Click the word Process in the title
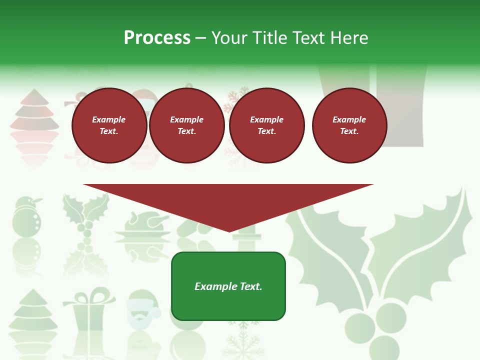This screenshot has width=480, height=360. [x=157, y=38]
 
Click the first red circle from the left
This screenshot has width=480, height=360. [x=109, y=125]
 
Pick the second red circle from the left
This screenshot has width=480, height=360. [x=186, y=125]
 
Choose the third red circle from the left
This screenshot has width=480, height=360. [x=266, y=125]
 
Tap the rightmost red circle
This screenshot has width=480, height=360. [x=349, y=125]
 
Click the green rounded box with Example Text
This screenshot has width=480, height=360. [x=228, y=286]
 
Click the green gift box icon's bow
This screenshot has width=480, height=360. [x=89, y=294]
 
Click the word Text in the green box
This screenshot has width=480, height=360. [x=250, y=286]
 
